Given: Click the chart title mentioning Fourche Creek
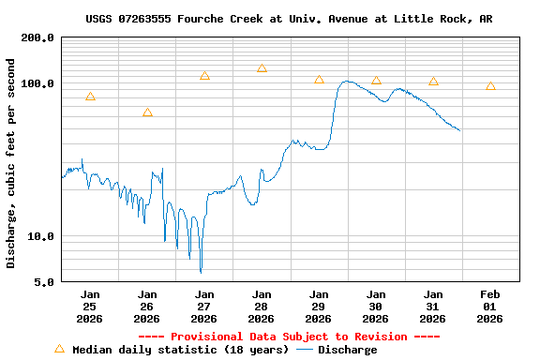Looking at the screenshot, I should pyautogui.click(x=289, y=19).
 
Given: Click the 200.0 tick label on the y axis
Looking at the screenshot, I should pyautogui.click(x=37, y=38).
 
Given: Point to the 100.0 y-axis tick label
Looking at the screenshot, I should pyautogui.click(x=37, y=83).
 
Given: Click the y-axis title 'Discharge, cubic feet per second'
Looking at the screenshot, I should pyautogui.click(x=11, y=163).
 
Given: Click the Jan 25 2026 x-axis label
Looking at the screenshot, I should pyautogui.click(x=90, y=307).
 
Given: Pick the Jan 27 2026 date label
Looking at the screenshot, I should pyautogui.click(x=204, y=307).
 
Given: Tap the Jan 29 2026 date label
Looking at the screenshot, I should pyautogui.click(x=319, y=307).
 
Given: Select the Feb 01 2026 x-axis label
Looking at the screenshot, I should pyautogui.click(x=489, y=307).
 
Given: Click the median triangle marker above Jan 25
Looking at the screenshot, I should pyautogui.click(x=90, y=97).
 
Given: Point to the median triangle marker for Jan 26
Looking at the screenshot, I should pyautogui.click(x=147, y=112).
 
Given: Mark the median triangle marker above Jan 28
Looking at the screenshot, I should pyautogui.click(x=262, y=68).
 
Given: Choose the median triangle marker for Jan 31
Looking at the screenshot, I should pyautogui.click(x=433, y=82).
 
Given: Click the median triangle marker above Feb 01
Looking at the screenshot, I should pyautogui.click(x=490, y=86).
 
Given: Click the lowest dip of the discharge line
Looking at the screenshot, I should pyautogui.click(x=201, y=272).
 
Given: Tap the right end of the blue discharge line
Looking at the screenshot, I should pyautogui.click(x=459, y=130).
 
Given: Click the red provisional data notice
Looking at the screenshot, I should pyautogui.click(x=289, y=337).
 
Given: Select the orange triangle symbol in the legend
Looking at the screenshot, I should pyautogui.click(x=59, y=349).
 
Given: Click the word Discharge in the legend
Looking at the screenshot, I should pyautogui.click(x=347, y=350).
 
